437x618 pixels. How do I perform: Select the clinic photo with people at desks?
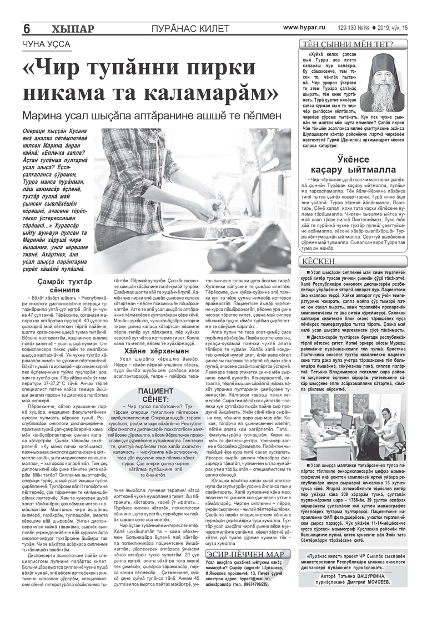[358, 416]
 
